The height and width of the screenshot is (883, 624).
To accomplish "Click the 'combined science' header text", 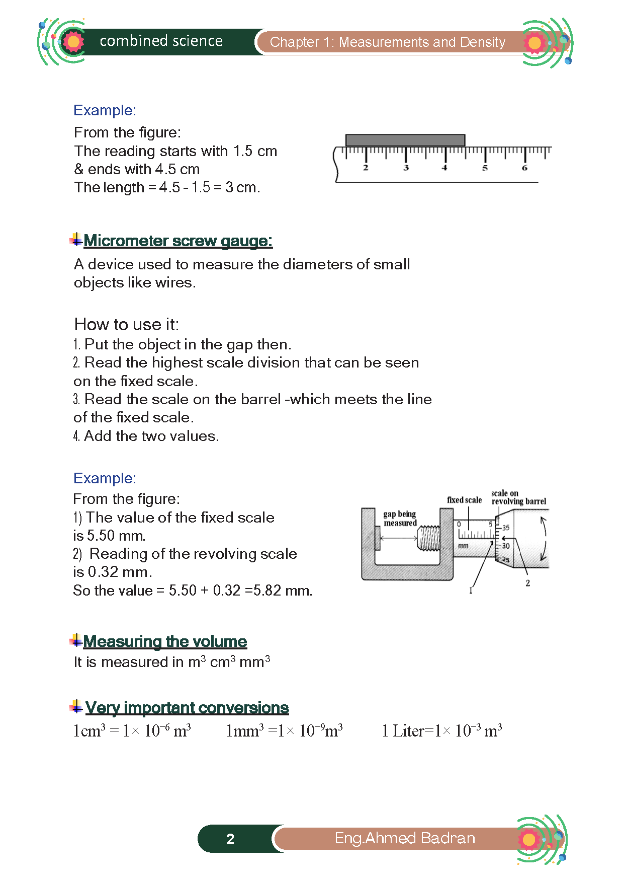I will coord(161,41).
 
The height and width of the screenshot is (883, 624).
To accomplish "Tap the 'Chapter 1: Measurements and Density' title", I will coord(387,42).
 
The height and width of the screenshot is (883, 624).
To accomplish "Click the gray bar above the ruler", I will coord(405,140).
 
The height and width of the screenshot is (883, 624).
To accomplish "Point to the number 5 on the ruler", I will coord(485,168).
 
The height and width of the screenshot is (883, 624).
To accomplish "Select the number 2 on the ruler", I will coord(366,168).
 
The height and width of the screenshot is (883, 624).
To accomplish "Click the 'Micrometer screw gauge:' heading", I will coord(178,241).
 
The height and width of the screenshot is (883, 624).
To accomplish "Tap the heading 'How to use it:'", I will coord(126,324).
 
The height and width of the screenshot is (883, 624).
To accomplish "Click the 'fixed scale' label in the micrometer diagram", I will coord(464,500).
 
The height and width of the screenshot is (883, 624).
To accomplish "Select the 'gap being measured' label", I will coord(400,519).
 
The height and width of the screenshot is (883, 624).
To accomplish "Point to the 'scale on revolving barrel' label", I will coord(518,497).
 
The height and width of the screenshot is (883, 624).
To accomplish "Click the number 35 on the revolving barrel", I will coord(505,528).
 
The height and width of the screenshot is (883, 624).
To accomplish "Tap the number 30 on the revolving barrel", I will coord(505,546).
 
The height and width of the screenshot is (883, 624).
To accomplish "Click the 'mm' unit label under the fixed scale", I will coord(463,546).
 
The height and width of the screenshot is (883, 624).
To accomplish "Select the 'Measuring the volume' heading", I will coord(165,641).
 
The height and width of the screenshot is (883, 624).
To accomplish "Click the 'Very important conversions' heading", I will coord(187,708).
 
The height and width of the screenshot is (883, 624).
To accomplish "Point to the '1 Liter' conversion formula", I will coord(441,730).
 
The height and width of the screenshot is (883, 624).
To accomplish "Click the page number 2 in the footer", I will coord(230,839).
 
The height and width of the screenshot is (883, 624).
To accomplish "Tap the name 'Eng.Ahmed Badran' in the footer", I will coord(405,838).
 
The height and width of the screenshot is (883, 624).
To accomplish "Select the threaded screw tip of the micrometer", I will coord(429,538).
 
